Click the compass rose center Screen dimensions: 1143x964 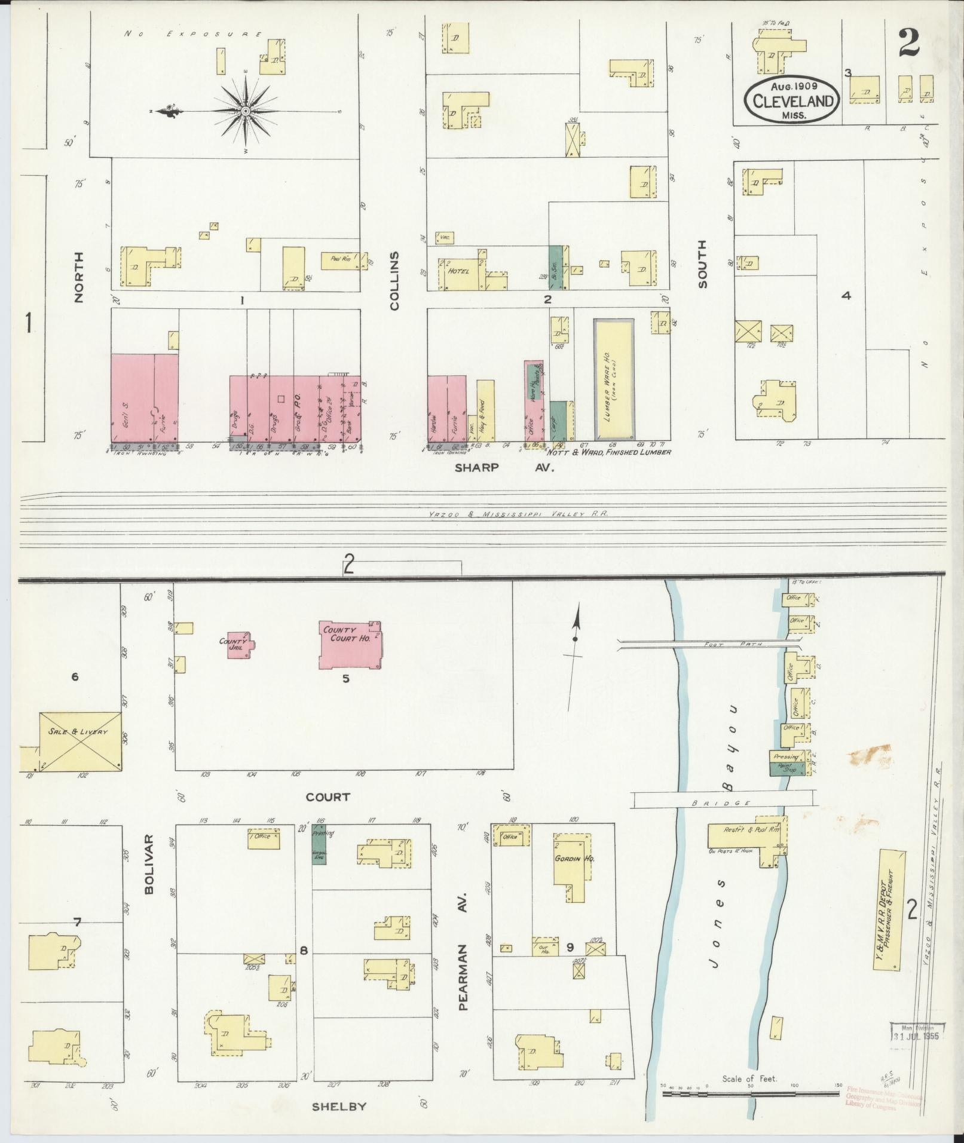coord(246,112)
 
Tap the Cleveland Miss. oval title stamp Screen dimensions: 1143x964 coord(792,99)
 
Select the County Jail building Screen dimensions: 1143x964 coord(238,645)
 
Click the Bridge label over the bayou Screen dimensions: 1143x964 coord(724,803)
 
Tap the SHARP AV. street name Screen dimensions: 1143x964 coord(504,468)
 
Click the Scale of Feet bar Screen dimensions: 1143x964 coord(750,1094)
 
